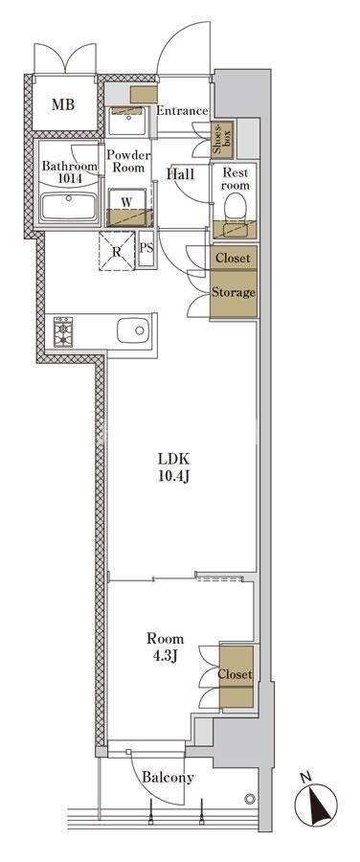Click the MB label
(x=63, y=104)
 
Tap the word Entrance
(x=183, y=111)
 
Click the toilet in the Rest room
(x=236, y=206)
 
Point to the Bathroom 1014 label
(x=70, y=171)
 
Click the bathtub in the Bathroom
(x=69, y=207)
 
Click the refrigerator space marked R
(x=117, y=250)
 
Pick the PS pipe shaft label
(x=146, y=247)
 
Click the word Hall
(x=181, y=174)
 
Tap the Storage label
(x=235, y=292)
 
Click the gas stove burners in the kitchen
(x=62, y=332)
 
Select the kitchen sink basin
(x=133, y=329)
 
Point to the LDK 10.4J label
(x=174, y=466)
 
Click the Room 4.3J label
(x=165, y=646)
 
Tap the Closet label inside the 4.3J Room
(x=236, y=674)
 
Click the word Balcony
(x=168, y=778)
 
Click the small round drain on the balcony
(x=250, y=798)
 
